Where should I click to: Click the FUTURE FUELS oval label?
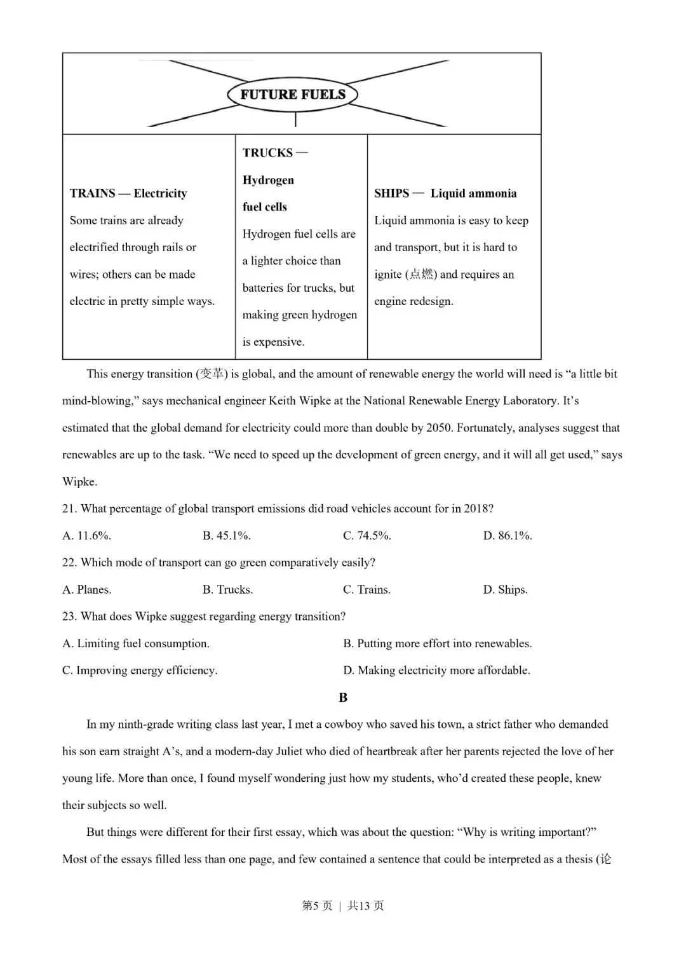[x=293, y=95]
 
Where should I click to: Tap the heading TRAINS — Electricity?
[x=128, y=193]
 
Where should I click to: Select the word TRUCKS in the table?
[x=267, y=153]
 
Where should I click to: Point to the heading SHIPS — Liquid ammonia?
[x=445, y=193]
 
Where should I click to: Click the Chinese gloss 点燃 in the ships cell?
[x=422, y=275]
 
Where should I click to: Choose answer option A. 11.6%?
[x=87, y=536]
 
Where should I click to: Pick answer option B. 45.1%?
[x=227, y=536]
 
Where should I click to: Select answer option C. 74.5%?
[x=367, y=536]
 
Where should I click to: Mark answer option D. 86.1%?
[x=508, y=536]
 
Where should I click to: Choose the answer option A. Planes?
[x=87, y=590]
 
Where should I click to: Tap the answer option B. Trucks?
[x=227, y=590]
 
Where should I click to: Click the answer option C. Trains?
[x=367, y=590]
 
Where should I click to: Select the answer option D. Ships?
[x=505, y=590]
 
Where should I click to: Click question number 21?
[x=69, y=509]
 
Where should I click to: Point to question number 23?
[x=69, y=617]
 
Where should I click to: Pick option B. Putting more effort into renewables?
[x=438, y=643]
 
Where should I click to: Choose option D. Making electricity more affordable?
[x=436, y=671]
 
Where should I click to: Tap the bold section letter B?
[x=343, y=697]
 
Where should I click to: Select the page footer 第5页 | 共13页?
[x=343, y=906]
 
